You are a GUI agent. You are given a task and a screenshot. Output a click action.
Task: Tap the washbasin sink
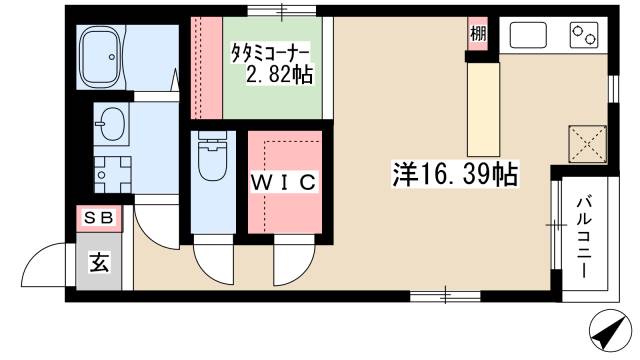point(111,127)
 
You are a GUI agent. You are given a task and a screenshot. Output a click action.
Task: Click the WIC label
point(284,182)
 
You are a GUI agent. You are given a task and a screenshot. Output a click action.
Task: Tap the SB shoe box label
point(98,216)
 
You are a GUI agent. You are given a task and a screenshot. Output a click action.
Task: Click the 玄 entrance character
point(100,263)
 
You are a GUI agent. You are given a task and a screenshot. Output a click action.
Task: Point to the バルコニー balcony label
point(583,238)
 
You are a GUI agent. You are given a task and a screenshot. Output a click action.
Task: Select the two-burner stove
point(583,37)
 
